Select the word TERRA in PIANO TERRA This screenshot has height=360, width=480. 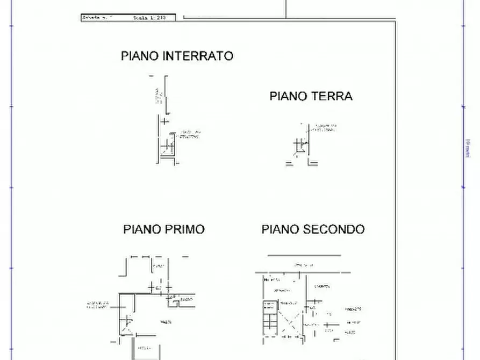click(332, 96)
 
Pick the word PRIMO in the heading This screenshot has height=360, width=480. click(184, 229)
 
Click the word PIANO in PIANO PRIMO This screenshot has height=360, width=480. click(142, 229)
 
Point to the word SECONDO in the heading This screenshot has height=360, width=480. click(334, 229)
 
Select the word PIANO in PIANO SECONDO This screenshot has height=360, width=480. click(281, 229)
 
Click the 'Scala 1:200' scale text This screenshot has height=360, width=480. click(149, 18)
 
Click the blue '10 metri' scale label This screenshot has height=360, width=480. click(467, 148)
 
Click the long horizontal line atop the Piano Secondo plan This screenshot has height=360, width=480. click(304, 255)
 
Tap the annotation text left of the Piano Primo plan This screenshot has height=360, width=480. click(99, 305)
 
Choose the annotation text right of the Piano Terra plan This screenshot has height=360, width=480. click(325, 128)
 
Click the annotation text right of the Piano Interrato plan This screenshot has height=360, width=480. click(190, 135)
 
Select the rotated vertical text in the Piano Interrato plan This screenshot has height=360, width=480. click(157, 97)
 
